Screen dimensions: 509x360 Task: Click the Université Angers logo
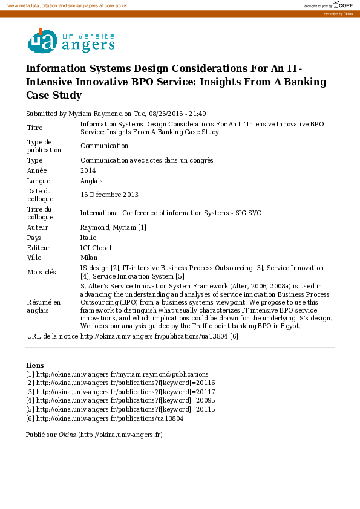[x=71, y=41]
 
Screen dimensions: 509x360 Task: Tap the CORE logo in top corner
[x=343, y=5]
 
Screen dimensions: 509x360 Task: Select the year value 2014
[x=88, y=170]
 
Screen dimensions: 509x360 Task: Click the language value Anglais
[x=91, y=181]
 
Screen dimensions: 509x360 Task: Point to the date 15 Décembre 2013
[x=110, y=195]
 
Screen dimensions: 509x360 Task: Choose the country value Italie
[x=88, y=238]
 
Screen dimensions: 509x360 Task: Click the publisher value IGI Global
[x=96, y=248]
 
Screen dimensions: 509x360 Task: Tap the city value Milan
[x=88, y=258]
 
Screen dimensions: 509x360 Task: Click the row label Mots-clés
[x=42, y=272]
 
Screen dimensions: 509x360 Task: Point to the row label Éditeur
[x=39, y=248]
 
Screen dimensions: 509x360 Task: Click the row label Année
[x=37, y=170]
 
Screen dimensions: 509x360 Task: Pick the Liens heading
[x=34, y=365]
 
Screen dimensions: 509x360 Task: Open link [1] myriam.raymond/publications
[x=122, y=374]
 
